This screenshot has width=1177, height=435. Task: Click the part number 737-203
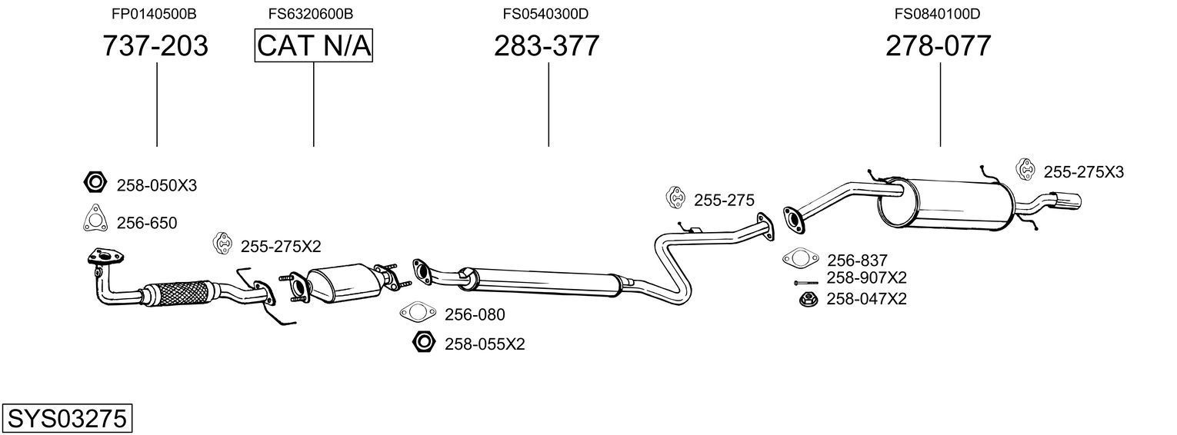[x=155, y=46]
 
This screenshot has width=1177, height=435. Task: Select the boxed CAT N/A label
[x=314, y=46]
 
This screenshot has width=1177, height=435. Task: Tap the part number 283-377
[x=546, y=46]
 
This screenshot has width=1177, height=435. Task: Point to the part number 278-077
[x=939, y=46]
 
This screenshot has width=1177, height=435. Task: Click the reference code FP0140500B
[x=154, y=13]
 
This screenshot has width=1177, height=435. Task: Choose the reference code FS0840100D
[x=937, y=13]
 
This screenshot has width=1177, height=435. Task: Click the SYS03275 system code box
[x=66, y=419]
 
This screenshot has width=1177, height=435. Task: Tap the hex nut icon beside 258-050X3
[x=94, y=183]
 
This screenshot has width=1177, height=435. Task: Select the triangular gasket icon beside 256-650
[x=94, y=220]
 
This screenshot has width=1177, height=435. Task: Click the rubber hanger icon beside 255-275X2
[x=222, y=244]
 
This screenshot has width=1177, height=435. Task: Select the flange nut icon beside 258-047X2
[x=808, y=298]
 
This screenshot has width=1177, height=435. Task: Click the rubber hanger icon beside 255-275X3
[x=1025, y=170]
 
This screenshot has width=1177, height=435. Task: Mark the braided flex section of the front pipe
[x=182, y=292]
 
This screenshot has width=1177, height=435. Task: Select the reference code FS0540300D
[x=545, y=13]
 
